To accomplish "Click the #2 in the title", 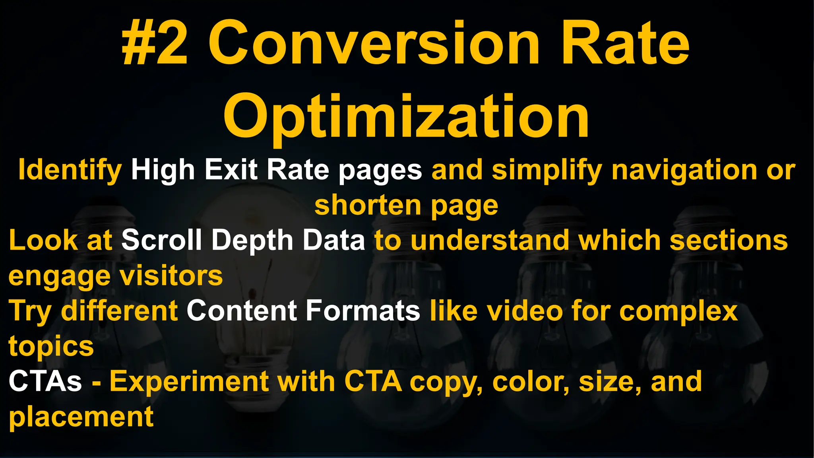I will (155, 44).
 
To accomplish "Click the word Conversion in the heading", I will (374, 44).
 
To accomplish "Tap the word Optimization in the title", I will (406, 116).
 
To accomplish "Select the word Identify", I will (70, 170).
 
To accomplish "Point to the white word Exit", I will (231, 170).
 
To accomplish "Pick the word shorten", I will (368, 206).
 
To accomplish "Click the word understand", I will (490, 241).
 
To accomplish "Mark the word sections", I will (729, 241).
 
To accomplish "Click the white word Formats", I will (362, 311).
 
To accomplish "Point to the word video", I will (525, 311).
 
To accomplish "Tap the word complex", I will (678, 311).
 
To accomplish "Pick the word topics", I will (51, 346).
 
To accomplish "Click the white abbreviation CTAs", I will (45, 381).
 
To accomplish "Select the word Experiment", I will (189, 381).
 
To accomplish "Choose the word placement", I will (81, 417).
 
